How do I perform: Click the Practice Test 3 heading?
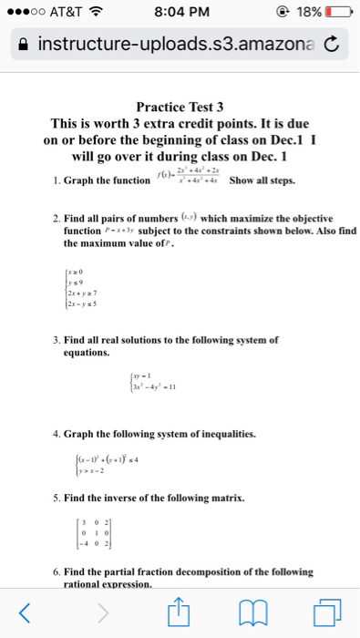pyautogui.click(x=180, y=107)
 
